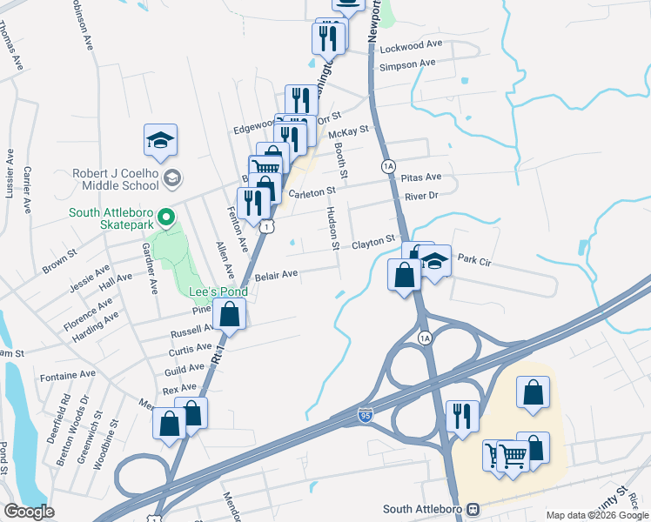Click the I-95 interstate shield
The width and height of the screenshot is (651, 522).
click(x=366, y=417)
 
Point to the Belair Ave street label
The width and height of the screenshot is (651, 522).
click(x=277, y=274)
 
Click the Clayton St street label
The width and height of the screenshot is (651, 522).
click(x=373, y=243)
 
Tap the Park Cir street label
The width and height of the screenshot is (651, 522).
click(x=475, y=259)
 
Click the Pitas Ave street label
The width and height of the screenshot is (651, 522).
click(x=421, y=177)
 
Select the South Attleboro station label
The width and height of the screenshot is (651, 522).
click(x=425, y=508)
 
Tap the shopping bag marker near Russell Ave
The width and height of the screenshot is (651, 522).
click(x=229, y=314)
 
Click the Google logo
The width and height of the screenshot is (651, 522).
click(x=29, y=512)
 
